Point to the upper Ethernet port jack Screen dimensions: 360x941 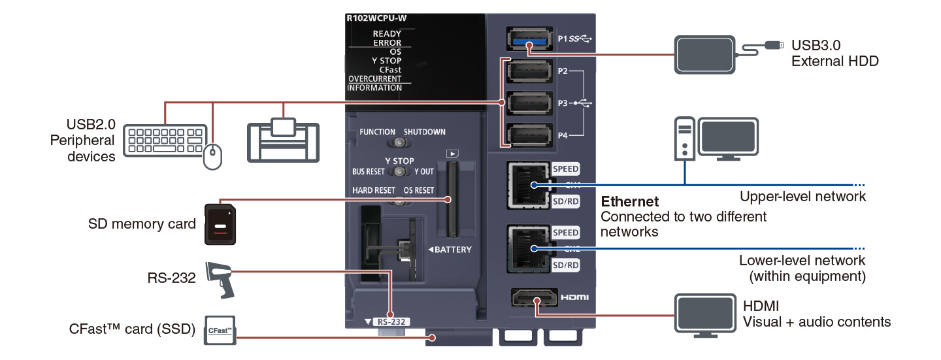(x=527, y=186)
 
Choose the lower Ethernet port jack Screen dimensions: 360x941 (x=527, y=249)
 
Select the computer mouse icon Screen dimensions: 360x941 (x=212, y=157)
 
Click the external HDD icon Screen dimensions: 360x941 (x=706, y=54)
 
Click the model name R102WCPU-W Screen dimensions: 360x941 (x=376, y=18)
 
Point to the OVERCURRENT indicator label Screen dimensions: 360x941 (x=374, y=78)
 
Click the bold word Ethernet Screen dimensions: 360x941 (x=630, y=201)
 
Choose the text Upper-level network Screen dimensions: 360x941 (x=802, y=196)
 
